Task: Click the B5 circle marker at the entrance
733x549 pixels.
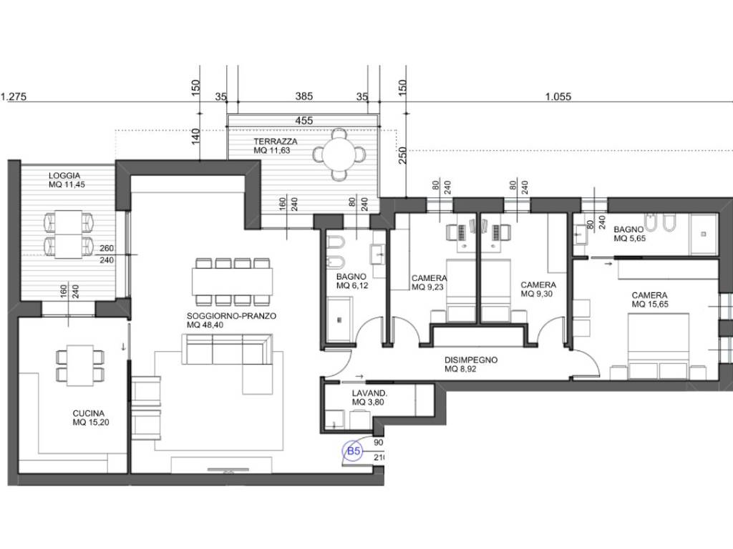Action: pyautogui.click(x=354, y=451)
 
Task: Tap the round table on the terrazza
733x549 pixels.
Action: pyautogui.click(x=340, y=154)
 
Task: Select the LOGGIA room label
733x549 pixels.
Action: pyautogui.click(x=64, y=176)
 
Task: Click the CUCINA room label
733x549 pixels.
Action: pyautogui.click(x=88, y=413)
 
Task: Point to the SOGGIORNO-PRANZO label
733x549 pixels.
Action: pyautogui.click(x=231, y=315)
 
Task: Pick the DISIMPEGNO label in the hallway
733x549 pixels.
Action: pyautogui.click(x=471, y=360)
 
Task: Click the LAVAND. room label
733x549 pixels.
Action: pyautogui.click(x=369, y=393)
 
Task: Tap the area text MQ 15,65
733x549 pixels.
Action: pyautogui.click(x=650, y=305)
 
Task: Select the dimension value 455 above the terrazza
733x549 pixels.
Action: pyautogui.click(x=304, y=120)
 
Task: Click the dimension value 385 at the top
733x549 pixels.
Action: pyautogui.click(x=304, y=97)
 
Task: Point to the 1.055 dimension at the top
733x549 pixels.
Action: pyautogui.click(x=558, y=97)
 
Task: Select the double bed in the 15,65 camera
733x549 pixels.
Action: pyautogui.click(x=659, y=346)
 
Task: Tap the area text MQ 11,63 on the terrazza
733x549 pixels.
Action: pyautogui.click(x=271, y=150)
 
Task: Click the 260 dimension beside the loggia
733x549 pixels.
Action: pyautogui.click(x=107, y=248)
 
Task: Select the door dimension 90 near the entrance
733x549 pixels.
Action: pyautogui.click(x=378, y=442)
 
